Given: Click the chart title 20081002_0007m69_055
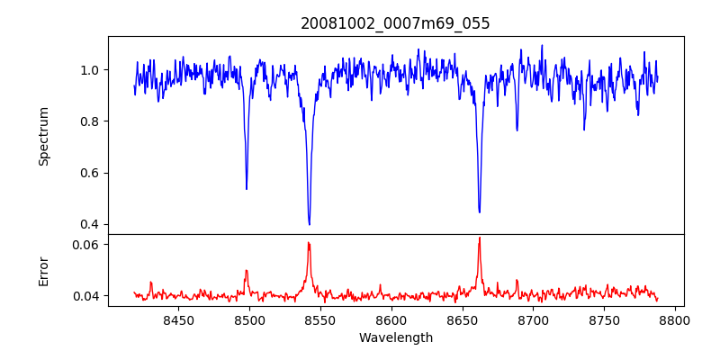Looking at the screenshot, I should (395, 23).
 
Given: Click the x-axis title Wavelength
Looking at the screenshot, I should (395, 338).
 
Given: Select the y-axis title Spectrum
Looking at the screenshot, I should (44, 136).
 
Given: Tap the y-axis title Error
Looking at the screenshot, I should (44, 271).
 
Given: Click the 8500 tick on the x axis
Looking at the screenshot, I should (249, 319).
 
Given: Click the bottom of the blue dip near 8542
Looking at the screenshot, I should (310, 224).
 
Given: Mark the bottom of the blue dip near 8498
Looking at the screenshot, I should (247, 189).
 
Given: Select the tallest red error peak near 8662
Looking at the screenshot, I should (480, 238).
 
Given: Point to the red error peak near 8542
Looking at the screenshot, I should (309, 243).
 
